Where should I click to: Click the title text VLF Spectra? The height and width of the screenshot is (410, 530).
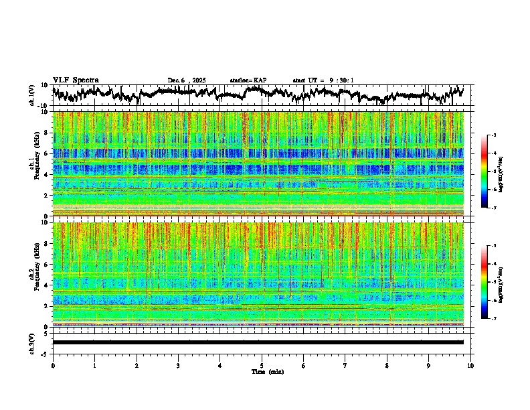pos(76,80)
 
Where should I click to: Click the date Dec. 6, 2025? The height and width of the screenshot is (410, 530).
pos(187,80)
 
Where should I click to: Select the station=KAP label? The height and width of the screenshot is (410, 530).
pos(248,80)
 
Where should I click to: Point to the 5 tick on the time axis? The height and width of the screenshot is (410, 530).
pos(262,365)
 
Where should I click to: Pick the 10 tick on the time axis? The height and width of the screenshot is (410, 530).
pos(470,365)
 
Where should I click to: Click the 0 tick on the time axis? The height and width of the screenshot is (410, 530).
pos(53,365)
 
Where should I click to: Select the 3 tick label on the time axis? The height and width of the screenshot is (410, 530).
pos(178,365)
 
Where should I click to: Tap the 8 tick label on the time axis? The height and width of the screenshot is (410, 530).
pos(387,365)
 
